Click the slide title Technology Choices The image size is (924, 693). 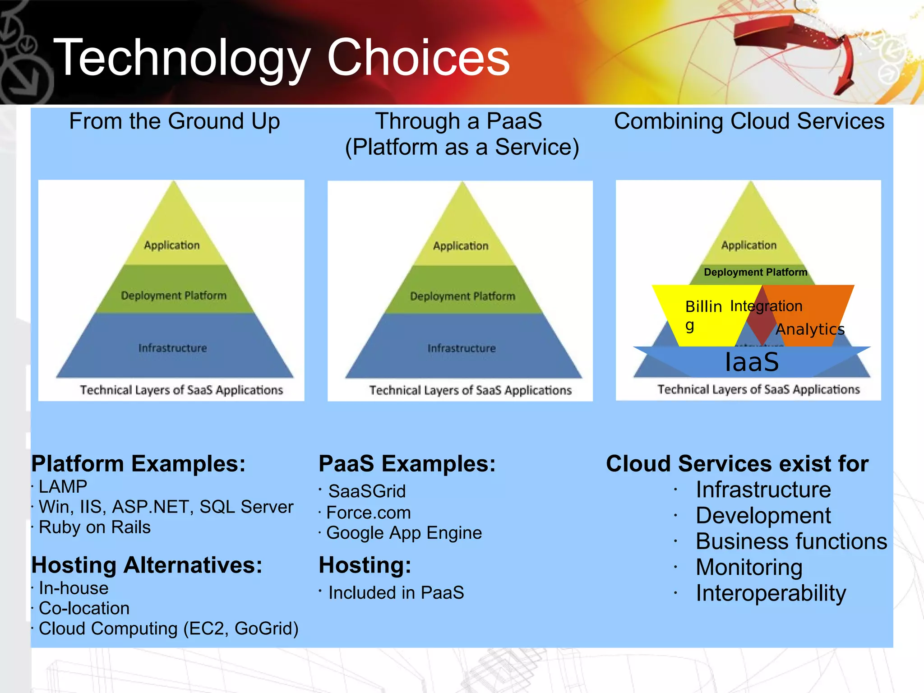282,57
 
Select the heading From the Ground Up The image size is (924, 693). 174,121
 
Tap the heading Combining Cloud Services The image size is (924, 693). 749,121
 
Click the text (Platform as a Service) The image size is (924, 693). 462,147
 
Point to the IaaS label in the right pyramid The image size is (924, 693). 752,362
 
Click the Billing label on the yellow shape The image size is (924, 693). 703,307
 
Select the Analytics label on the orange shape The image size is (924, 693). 810,329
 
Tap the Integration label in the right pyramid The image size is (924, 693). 766,306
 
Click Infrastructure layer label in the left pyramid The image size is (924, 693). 172,348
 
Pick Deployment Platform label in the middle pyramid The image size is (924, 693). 462,296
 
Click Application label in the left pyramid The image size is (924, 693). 171,245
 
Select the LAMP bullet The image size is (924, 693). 63,486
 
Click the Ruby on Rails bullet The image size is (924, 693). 94,527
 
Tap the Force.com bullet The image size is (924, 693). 368,513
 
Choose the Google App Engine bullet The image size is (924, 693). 404,533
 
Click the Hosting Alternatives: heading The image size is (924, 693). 147,565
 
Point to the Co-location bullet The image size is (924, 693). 84,608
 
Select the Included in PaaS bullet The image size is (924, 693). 396,592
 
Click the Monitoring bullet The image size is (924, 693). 749,567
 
